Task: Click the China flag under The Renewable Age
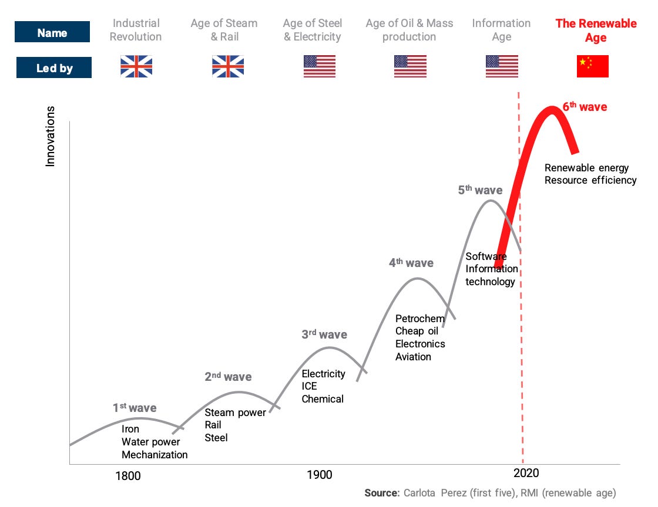[x=592, y=66]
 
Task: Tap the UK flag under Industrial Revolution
[x=136, y=66]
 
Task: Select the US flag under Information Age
[x=502, y=66]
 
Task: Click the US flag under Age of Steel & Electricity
[x=319, y=66]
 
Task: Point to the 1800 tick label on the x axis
[x=127, y=475]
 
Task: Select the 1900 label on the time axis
[x=320, y=475]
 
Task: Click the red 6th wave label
[x=585, y=107]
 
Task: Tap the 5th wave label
[x=480, y=190]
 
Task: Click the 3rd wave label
[x=324, y=335]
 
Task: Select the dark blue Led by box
[x=54, y=67]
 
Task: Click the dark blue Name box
[x=52, y=32]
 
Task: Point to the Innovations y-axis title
[x=51, y=136]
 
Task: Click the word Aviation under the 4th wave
[x=413, y=357]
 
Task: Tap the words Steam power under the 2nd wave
[x=235, y=413]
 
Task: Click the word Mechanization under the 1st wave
[x=155, y=455]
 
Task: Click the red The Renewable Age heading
[x=596, y=31]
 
